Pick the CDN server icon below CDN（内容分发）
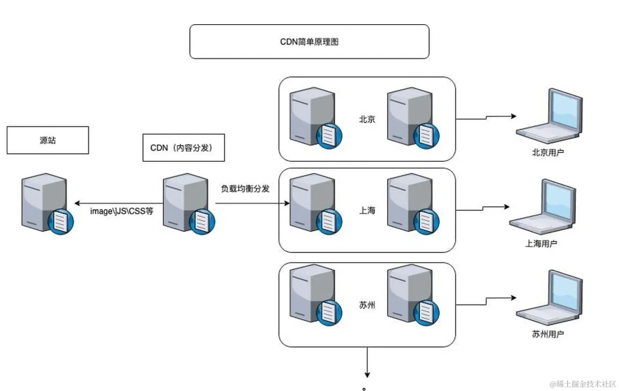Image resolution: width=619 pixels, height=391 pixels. point(189,204)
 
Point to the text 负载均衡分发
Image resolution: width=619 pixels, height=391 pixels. point(245,189)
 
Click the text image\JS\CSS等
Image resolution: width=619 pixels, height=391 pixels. point(122,211)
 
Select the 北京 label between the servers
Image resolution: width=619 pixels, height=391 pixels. point(367,119)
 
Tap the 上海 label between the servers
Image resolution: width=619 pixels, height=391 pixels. point(367,211)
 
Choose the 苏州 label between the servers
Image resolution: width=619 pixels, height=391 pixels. point(367,305)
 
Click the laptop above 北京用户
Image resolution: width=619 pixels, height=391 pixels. point(549,116)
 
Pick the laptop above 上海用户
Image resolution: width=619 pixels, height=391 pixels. point(543,207)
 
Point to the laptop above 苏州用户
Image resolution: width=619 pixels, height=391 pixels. point(549,298)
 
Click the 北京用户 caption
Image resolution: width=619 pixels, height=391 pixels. point(548,152)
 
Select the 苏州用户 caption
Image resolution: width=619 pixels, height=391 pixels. point(548,334)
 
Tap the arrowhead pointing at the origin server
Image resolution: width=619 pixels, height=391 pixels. point(77,203)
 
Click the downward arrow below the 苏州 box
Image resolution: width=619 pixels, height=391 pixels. point(367,363)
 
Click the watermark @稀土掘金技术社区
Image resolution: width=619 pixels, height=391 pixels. point(583,384)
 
